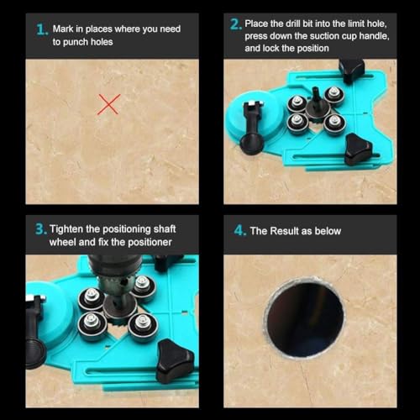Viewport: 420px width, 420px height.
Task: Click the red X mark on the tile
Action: pos(109,104)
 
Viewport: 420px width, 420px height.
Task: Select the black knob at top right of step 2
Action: pos(350,70)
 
